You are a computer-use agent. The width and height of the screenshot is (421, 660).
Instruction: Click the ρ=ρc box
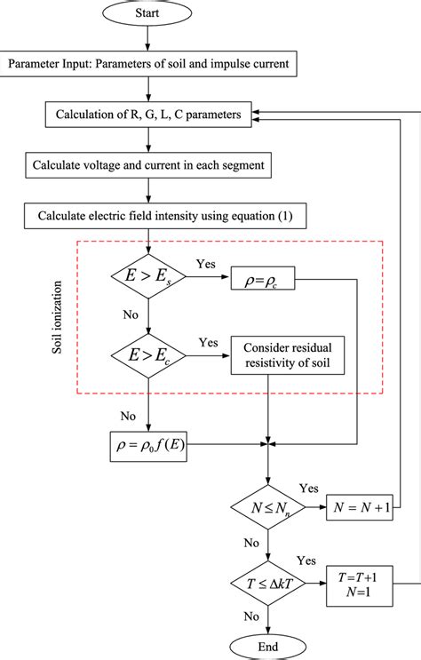coord(263,277)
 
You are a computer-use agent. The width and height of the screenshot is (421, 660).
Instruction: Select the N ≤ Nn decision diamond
coord(268,508)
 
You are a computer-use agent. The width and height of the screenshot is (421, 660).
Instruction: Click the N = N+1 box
coord(361,508)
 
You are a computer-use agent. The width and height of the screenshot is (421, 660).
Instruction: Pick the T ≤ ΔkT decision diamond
coord(268,583)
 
